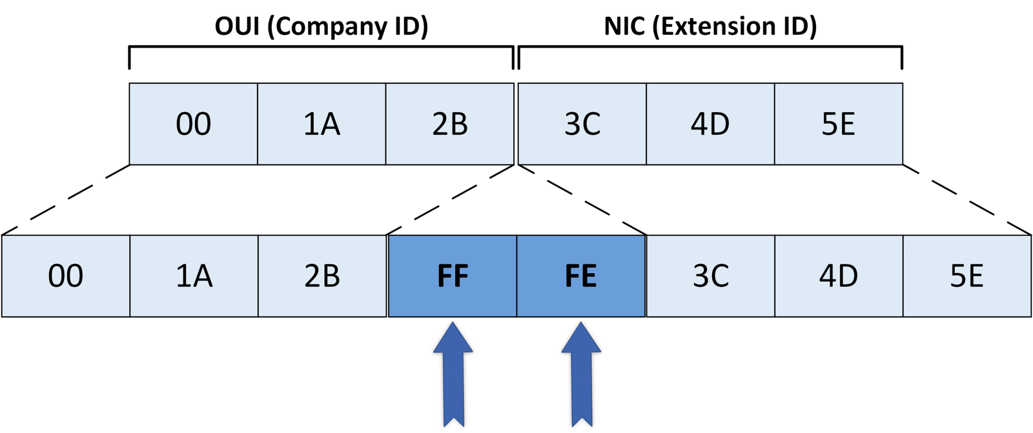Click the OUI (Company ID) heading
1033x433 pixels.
(321, 26)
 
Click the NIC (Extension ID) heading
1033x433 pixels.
(710, 26)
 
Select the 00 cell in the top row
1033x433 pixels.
(193, 124)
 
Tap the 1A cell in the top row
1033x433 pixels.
(322, 124)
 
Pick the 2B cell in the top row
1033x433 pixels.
(449, 124)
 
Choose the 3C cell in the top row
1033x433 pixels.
(582, 124)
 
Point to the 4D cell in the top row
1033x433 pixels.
(710, 124)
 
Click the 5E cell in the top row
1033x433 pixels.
(838, 124)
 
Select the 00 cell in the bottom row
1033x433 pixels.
(65, 276)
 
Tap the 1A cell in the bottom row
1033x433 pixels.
(194, 276)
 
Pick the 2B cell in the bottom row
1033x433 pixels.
(322, 276)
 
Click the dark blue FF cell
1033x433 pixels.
(452, 276)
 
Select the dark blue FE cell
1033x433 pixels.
(580, 276)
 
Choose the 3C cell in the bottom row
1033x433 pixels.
(710, 276)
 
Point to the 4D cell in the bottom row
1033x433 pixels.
(838, 276)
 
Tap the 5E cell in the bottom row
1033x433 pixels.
(967, 276)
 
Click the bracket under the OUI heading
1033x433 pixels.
(321, 47)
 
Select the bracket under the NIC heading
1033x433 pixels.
(710, 47)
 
